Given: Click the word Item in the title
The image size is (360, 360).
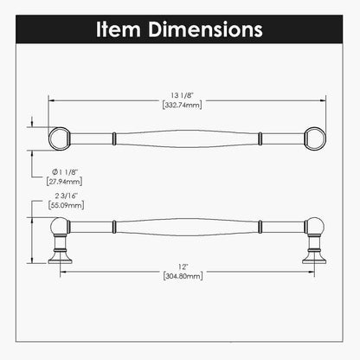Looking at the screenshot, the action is (x=119, y=29).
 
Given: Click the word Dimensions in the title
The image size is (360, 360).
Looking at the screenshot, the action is (x=205, y=29).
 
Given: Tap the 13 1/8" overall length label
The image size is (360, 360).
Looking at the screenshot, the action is (x=182, y=95).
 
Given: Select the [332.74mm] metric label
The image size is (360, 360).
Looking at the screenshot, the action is (x=182, y=105).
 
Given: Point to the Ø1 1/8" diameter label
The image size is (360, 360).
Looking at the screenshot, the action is (x=65, y=172).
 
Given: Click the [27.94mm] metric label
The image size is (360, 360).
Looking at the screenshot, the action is (x=64, y=182).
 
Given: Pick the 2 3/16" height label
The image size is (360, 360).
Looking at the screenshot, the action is (x=67, y=196).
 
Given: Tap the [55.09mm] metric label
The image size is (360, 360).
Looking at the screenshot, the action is (x=67, y=205).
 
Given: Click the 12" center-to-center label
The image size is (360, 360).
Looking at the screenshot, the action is (x=183, y=267).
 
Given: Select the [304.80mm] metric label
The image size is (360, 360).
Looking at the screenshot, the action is (x=183, y=276).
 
